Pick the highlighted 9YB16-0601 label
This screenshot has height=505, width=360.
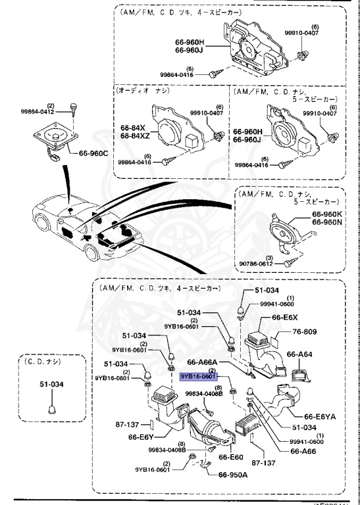pos(199,377)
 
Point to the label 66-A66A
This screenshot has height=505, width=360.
pos(204,362)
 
